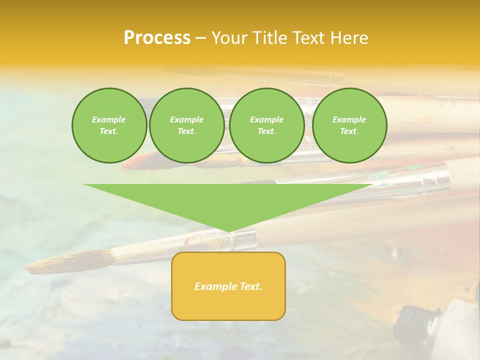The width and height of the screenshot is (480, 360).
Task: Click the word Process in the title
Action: (x=157, y=38)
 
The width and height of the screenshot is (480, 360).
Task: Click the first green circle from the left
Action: (x=109, y=125)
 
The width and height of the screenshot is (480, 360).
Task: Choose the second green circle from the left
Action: (x=186, y=125)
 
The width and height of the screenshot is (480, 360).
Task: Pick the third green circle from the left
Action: (x=266, y=125)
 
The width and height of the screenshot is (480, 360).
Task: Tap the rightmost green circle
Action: (x=349, y=125)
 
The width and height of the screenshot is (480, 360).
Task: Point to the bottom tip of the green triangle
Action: (x=229, y=231)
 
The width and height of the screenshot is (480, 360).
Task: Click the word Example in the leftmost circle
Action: (x=108, y=119)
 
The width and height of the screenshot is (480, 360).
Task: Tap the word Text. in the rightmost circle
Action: (x=349, y=131)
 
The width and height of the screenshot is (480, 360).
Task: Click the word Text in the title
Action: (x=308, y=38)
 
